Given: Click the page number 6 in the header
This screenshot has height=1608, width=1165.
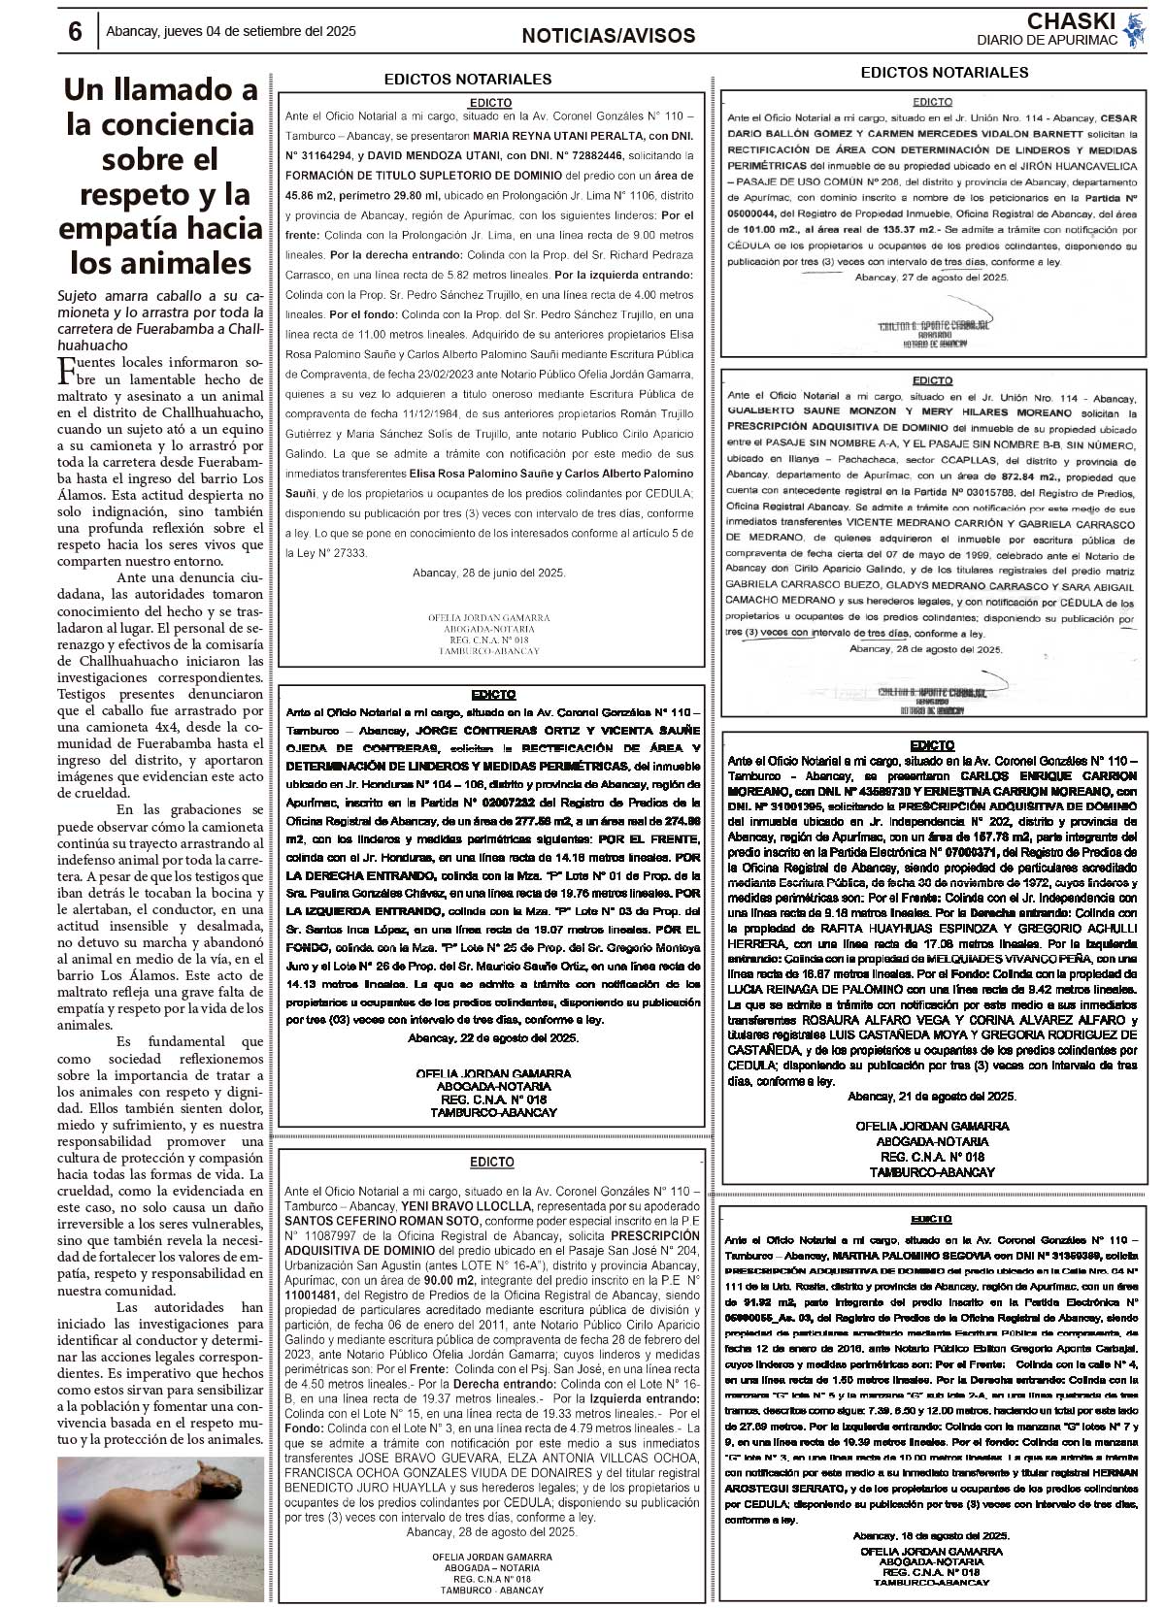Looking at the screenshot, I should [x=75, y=32].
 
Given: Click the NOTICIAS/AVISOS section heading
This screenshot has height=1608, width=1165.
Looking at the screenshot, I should [x=609, y=36].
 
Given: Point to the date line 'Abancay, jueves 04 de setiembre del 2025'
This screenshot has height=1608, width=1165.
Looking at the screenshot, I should [x=231, y=31].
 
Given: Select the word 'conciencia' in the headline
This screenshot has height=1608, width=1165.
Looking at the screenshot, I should [x=161, y=124].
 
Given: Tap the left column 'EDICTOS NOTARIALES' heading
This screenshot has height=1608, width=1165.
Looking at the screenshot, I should [x=468, y=79].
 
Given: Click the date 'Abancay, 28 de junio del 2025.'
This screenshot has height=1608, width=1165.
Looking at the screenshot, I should [x=489, y=573].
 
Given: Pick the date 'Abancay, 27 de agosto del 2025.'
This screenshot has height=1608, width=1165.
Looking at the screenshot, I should [x=932, y=278].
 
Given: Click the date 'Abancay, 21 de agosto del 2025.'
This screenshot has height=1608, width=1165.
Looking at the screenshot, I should [x=932, y=1096].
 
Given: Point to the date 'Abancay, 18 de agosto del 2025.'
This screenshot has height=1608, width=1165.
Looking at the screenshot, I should [x=931, y=1536].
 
